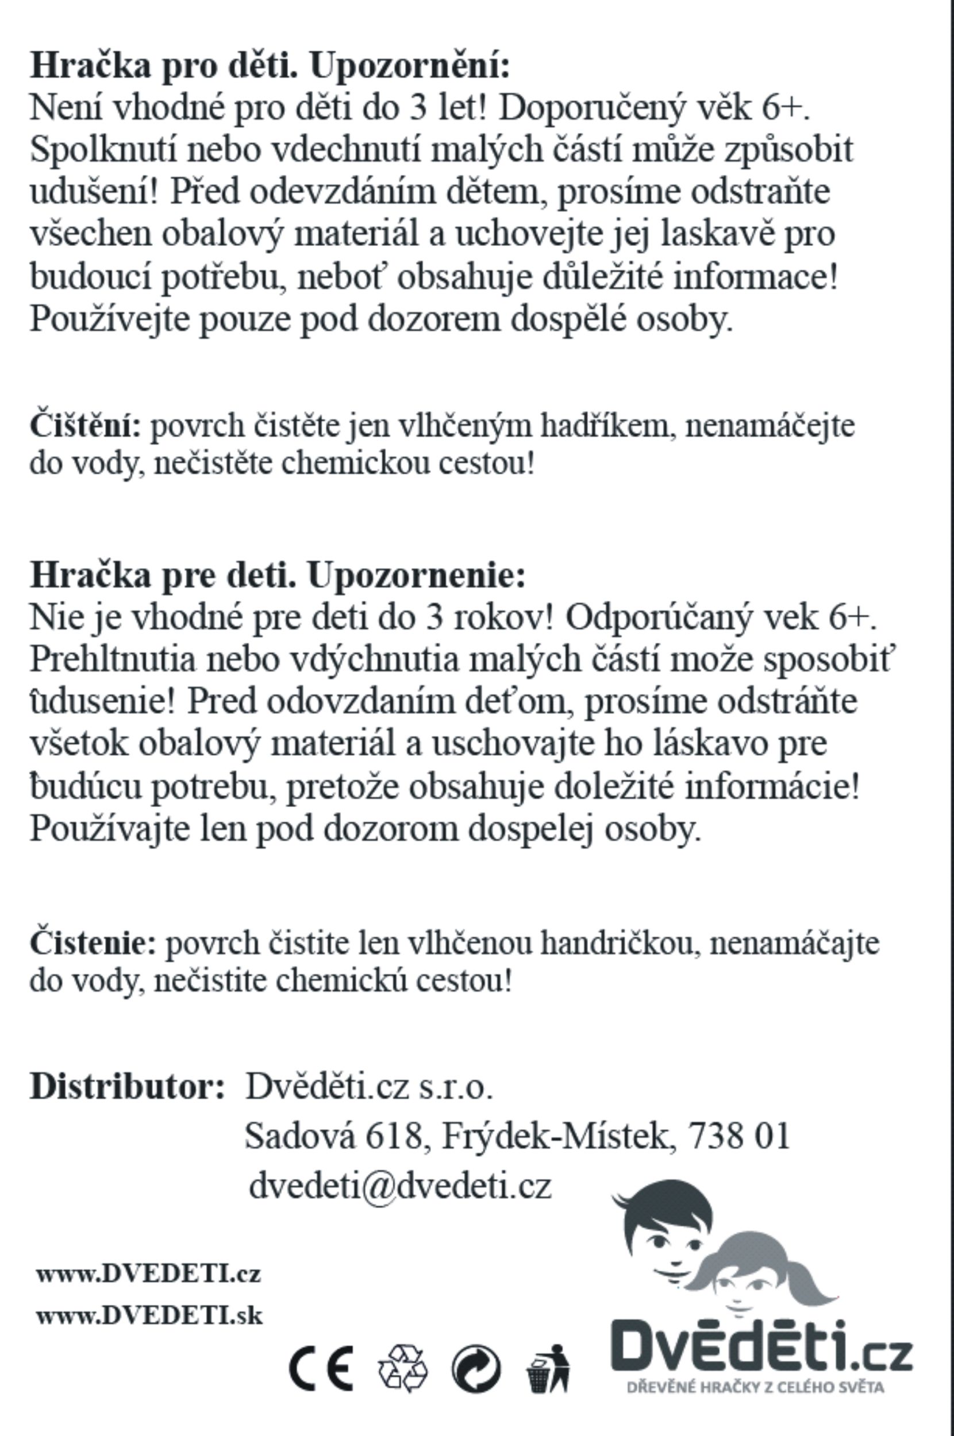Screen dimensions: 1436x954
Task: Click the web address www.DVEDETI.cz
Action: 148,1273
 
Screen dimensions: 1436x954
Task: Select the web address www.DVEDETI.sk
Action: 149,1316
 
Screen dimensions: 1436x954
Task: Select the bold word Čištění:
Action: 85,425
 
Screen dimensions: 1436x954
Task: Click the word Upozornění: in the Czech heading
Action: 409,65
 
